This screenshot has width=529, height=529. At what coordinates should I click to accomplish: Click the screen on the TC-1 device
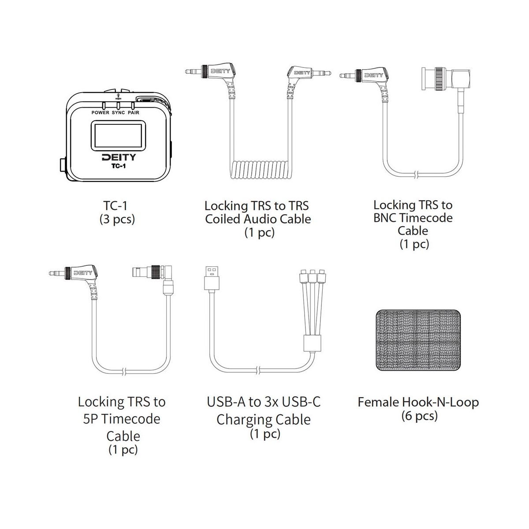point(118,135)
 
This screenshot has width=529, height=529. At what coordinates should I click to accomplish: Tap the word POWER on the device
point(100,112)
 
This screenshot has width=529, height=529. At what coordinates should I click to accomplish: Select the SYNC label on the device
point(118,112)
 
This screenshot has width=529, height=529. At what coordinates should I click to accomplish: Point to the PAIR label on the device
point(134,112)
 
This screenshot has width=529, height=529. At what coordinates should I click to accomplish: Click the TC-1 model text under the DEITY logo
point(118,166)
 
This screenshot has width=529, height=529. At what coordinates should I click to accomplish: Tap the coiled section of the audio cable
point(260,170)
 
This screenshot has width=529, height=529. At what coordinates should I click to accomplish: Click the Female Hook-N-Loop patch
point(418,340)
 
